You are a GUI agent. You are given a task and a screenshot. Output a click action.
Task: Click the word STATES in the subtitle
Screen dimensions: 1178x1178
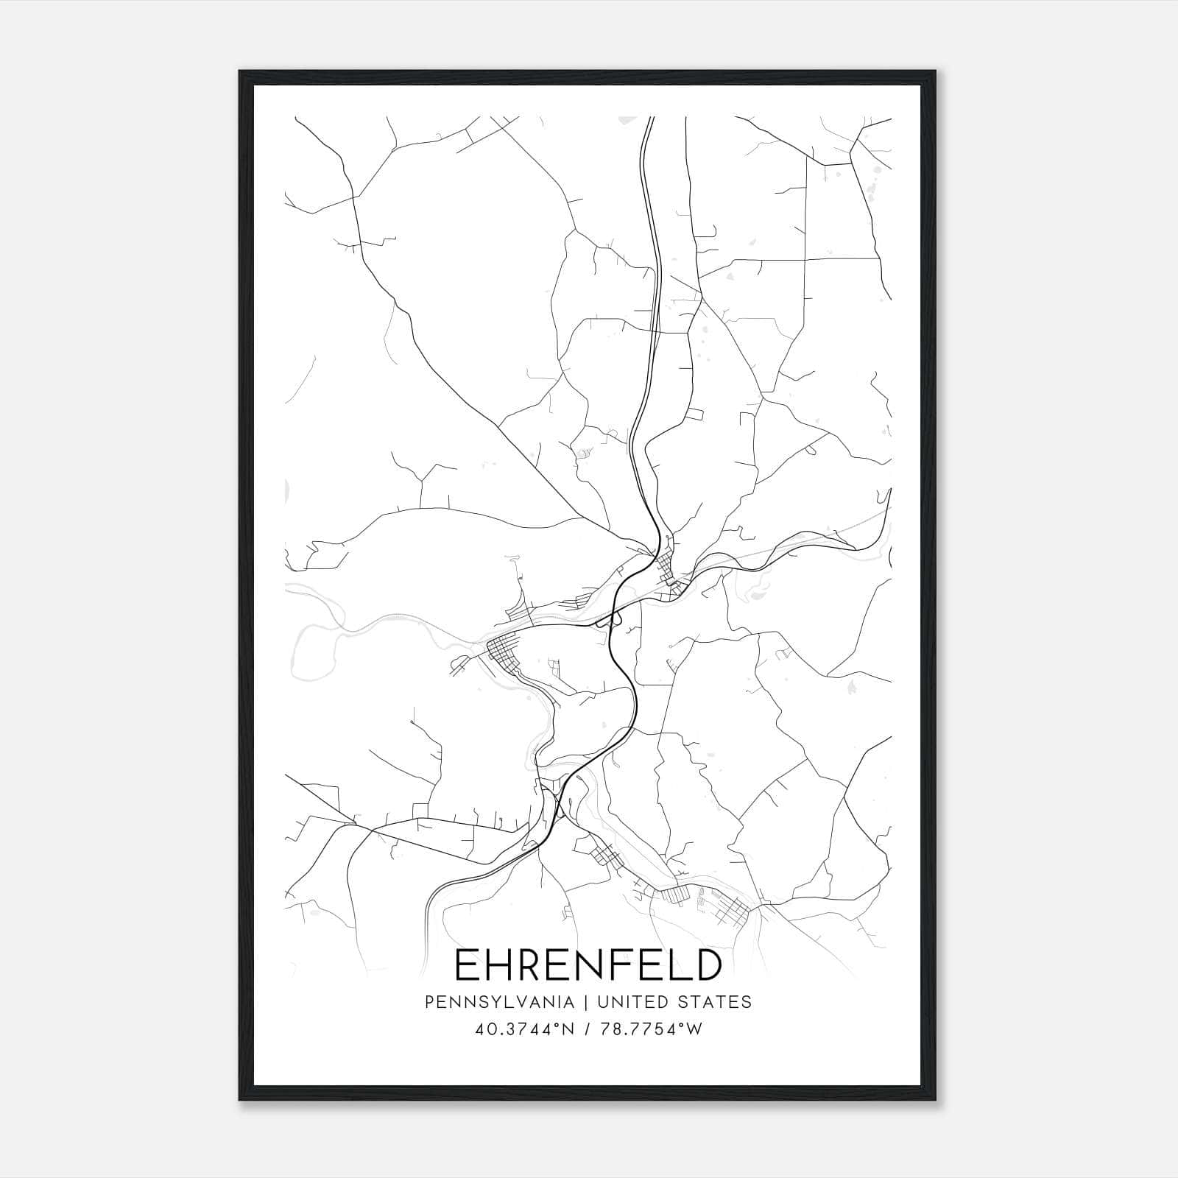[x=715, y=1002]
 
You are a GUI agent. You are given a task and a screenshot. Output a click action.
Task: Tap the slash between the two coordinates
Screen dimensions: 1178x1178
[x=588, y=1029]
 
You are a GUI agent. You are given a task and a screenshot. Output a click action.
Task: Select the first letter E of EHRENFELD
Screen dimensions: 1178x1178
[x=469, y=965]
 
